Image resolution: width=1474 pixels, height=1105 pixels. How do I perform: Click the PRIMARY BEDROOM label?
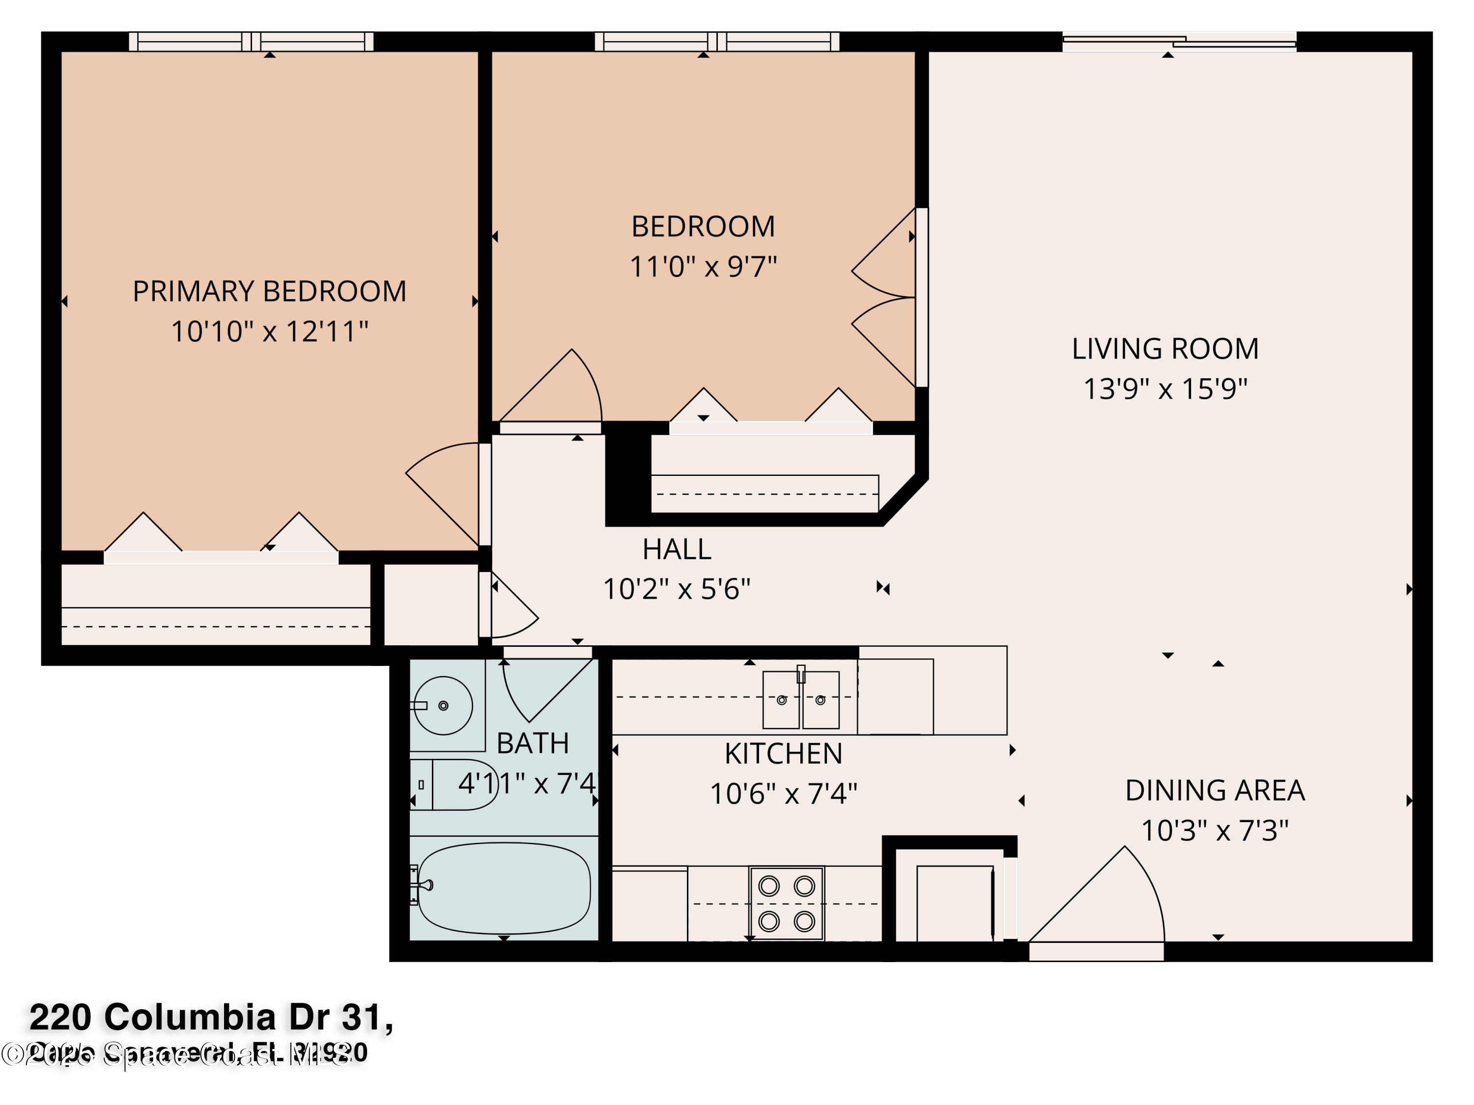(269, 291)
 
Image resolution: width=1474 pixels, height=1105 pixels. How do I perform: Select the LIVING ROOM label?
(1165, 348)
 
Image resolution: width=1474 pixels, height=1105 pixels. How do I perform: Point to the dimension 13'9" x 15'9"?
(1165, 389)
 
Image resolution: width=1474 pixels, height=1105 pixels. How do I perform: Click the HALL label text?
(677, 550)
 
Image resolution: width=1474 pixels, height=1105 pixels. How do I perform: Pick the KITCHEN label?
(783, 753)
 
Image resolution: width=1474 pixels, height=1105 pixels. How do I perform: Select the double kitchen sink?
(800, 699)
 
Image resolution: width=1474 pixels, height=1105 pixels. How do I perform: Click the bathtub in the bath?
(504, 888)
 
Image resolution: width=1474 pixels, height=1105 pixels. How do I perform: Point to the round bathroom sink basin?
(444, 705)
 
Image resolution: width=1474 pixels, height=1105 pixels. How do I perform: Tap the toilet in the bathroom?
(453, 785)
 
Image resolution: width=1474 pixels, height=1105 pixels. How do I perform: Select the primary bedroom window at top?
(251, 41)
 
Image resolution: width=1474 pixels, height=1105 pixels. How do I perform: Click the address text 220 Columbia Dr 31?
(211, 1017)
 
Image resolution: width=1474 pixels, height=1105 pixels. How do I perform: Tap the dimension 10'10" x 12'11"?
(269, 331)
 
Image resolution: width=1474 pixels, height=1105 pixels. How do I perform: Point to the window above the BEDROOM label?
(716, 41)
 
